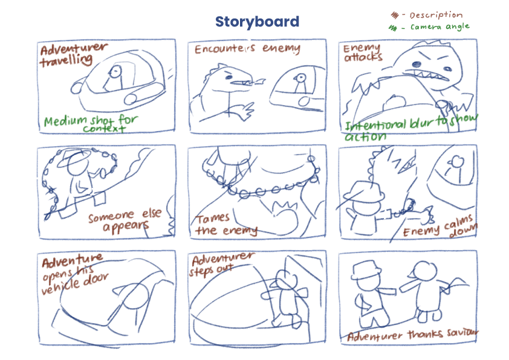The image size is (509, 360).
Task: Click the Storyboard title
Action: click(x=257, y=22)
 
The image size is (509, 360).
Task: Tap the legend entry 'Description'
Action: click(x=436, y=15)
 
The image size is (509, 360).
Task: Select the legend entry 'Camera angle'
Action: click(x=440, y=27)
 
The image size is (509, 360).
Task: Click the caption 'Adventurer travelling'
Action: click(x=73, y=54)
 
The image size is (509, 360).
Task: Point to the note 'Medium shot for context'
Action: click(x=91, y=124)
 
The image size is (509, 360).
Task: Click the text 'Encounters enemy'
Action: click(x=247, y=49)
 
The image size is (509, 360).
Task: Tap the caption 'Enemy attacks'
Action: click(x=363, y=53)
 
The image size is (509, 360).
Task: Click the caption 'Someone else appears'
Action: click(x=125, y=220)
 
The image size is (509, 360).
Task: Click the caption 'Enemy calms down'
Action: click(x=440, y=227)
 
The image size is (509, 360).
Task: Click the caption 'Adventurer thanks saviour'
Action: click(x=413, y=335)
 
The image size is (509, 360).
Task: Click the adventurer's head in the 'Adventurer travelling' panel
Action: click(x=115, y=71)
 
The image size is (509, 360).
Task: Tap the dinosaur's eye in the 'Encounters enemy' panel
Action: click(x=229, y=77)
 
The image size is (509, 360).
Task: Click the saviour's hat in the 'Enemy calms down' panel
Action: click(x=365, y=192)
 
